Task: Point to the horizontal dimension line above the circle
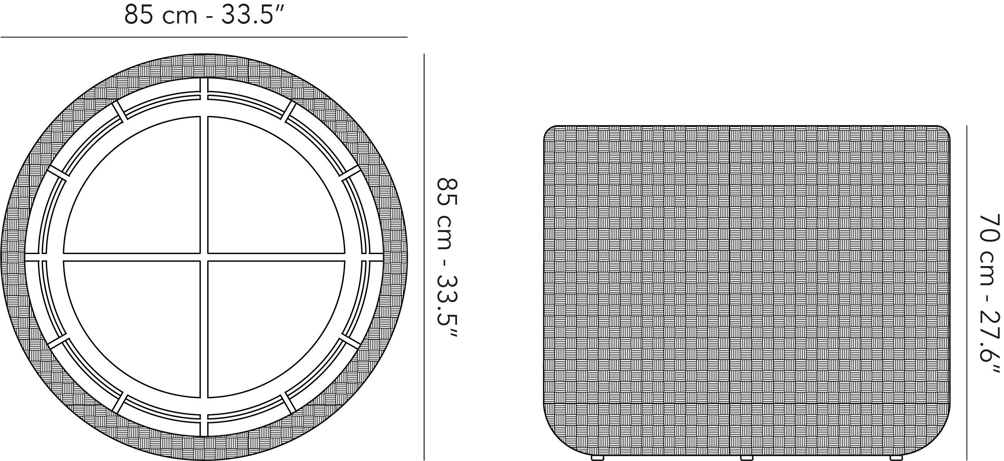[203, 37]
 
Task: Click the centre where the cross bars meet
[204, 257]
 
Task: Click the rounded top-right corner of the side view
[943, 133]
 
